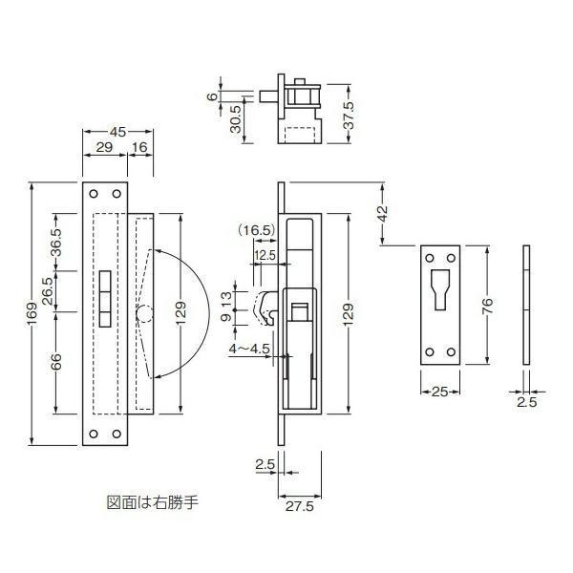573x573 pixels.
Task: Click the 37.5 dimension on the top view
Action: (x=351, y=114)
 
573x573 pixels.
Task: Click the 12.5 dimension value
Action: (x=266, y=255)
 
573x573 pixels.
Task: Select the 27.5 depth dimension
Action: (x=301, y=507)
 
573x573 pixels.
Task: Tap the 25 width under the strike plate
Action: (x=440, y=392)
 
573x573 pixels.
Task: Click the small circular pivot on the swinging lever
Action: (x=144, y=312)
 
